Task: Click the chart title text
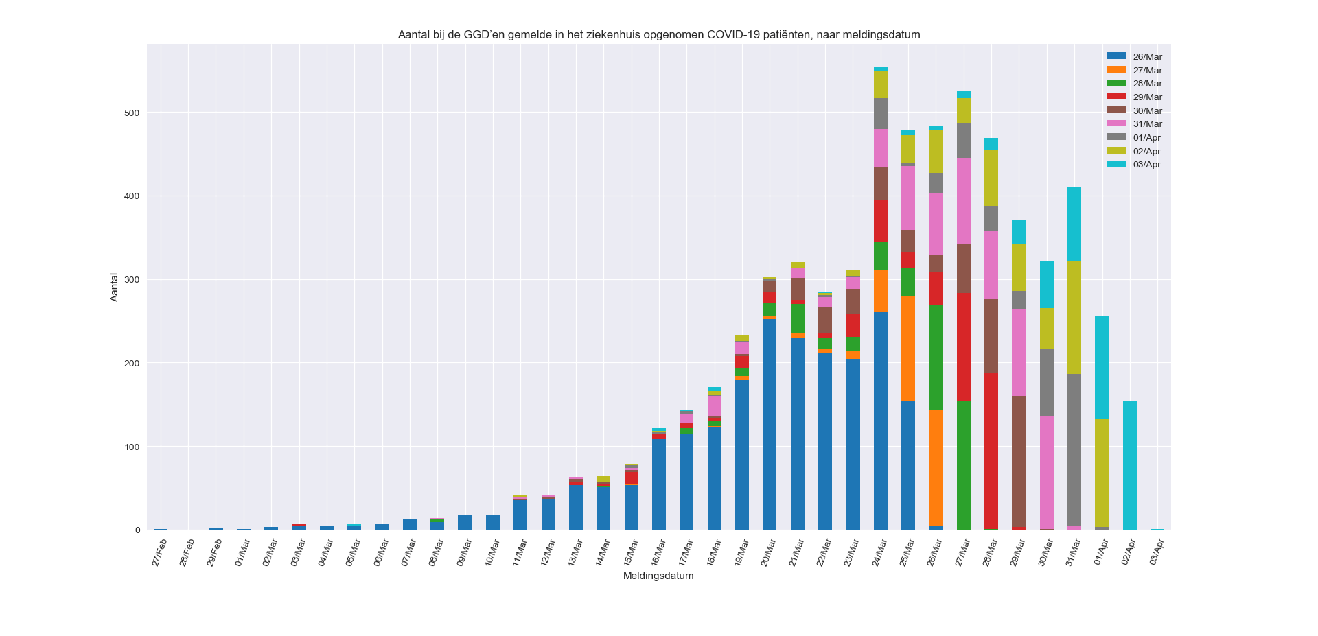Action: coord(659,34)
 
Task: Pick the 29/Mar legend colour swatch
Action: coord(1115,97)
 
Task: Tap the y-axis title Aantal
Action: coord(114,287)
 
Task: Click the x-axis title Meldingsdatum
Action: coord(658,576)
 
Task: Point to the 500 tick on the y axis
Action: coord(132,113)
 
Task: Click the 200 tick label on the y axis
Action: coord(132,364)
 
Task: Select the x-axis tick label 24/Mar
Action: coord(879,552)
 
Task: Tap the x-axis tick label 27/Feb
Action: coord(159,552)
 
